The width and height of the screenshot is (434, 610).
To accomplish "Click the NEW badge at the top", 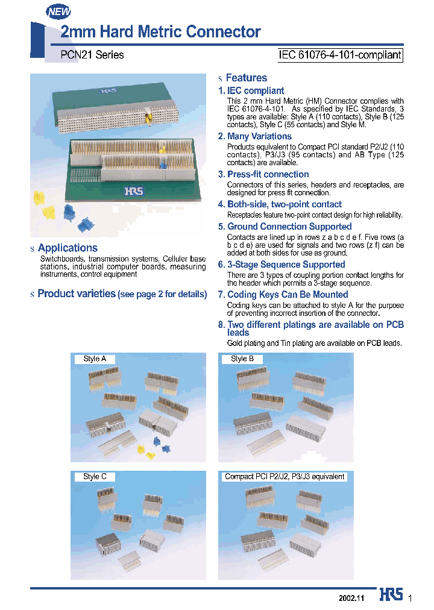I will pos(58,11).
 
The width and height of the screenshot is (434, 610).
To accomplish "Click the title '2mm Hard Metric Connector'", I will pos(160,32).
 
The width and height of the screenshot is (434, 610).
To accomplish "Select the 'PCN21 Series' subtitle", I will pos(92,55).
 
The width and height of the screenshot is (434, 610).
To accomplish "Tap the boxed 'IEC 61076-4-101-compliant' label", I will pos(339,55).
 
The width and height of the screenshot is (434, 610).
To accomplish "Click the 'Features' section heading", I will pos(246,78).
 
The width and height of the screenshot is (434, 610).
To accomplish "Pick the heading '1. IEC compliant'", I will pos(251,90).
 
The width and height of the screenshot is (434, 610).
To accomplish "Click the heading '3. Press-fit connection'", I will pos(263,174).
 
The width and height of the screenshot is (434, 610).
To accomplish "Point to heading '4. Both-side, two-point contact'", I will pos(280,204).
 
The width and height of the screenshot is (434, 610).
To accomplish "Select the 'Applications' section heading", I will pos(68,248).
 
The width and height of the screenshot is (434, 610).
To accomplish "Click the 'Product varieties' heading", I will pos(77,294).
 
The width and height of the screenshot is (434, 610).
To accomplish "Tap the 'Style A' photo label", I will pos(95,359).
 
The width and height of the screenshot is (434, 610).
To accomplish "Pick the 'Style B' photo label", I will pos(242,359).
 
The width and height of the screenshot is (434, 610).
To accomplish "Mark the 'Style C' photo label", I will pos(95,476).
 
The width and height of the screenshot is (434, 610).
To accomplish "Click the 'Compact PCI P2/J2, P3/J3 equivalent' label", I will pos(285,476).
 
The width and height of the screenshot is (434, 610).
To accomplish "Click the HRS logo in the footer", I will pos(391,596).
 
